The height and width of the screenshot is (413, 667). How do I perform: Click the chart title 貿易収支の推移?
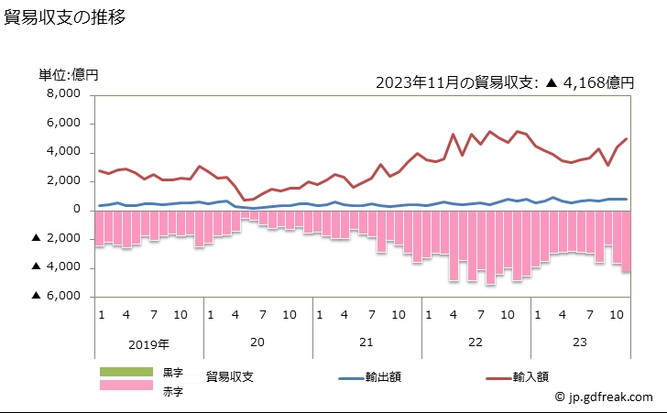click(65, 17)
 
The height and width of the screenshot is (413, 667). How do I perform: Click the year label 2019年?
click(149, 344)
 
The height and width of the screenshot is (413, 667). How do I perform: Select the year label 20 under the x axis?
click(257, 342)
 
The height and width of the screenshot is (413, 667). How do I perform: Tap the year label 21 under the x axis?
click(366, 342)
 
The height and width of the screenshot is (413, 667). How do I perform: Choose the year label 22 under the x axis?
click(475, 342)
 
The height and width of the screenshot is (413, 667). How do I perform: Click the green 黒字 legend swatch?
click(126, 371)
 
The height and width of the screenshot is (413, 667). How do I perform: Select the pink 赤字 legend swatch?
click(126, 386)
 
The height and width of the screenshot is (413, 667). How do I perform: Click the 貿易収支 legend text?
click(235, 376)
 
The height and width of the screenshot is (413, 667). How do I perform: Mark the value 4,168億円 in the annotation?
click(599, 82)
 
